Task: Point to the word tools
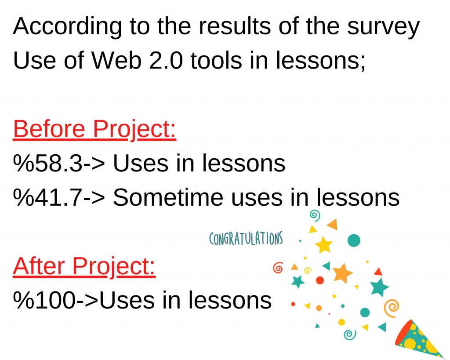tap(216, 61)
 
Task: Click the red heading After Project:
tap(84, 266)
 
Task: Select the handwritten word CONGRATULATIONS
tap(246, 239)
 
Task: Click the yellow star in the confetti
tap(324, 245)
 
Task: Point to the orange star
tap(342, 273)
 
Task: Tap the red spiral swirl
tap(278, 267)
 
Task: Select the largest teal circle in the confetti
tap(353, 240)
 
